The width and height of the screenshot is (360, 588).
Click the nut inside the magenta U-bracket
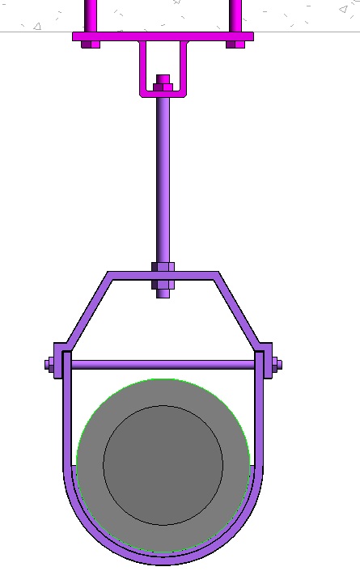click(163, 83)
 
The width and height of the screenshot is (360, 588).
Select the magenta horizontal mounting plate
click(163, 36)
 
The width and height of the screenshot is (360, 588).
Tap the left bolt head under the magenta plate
click(91, 44)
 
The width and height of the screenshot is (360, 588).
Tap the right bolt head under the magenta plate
click(235, 44)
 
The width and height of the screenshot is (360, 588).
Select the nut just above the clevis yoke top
click(163, 267)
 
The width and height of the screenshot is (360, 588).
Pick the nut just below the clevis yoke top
click(163, 285)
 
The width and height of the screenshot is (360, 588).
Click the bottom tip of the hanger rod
click(163, 294)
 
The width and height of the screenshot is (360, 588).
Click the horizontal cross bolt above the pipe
click(163, 365)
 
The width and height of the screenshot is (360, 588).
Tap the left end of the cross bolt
click(50, 365)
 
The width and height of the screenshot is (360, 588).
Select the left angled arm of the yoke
click(85, 311)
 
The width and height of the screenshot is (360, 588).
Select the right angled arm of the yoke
click(239, 311)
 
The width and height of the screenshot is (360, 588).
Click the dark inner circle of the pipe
click(163, 465)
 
